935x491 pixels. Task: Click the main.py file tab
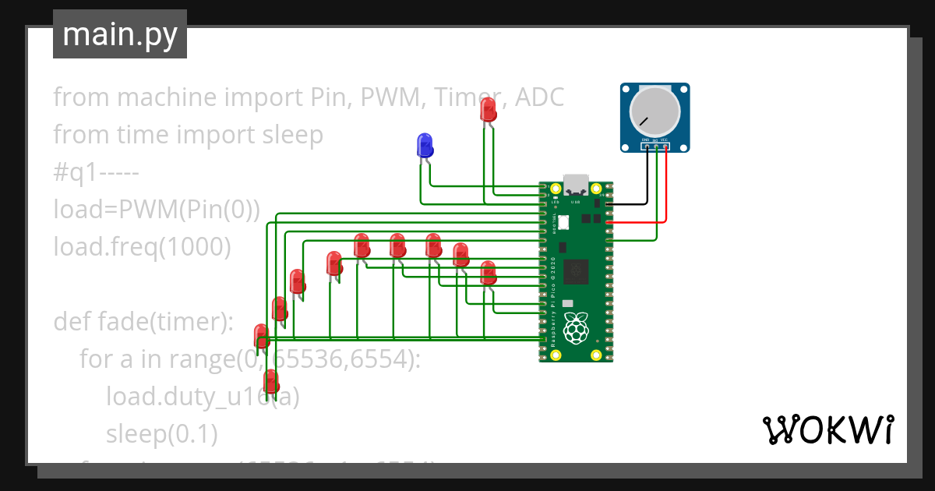click(x=120, y=34)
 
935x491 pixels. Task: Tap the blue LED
click(x=425, y=145)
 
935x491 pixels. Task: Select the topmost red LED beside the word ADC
click(x=489, y=109)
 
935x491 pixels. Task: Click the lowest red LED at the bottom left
click(x=271, y=382)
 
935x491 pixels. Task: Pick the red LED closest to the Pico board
click(x=488, y=273)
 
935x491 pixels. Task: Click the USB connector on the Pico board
click(x=576, y=184)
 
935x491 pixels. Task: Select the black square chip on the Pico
click(x=577, y=270)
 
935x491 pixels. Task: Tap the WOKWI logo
click(x=827, y=429)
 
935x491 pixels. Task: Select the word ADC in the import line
click(x=538, y=97)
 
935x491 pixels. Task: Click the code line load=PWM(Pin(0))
click(x=156, y=210)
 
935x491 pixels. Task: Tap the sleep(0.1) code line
click(x=161, y=434)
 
